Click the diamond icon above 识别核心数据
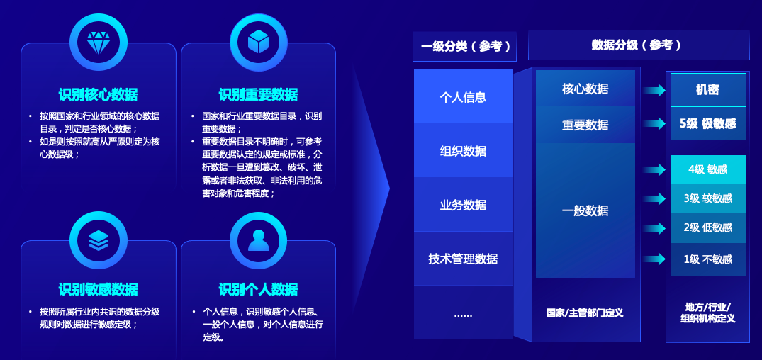tap(98, 43)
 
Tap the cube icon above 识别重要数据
tap(258, 43)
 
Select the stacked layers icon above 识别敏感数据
tap(98, 240)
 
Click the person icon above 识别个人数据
tap(258, 240)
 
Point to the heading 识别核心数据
tap(98, 94)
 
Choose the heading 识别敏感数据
tap(98, 289)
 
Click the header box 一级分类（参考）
tap(464, 47)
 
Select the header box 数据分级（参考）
tap(638, 45)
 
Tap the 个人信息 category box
tap(464, 97)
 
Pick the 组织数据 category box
tap(464, 151)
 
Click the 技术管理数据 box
tap(464, 259)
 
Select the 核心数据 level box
tap(585, 89)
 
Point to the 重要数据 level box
tap(585, 125)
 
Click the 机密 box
tap(707, 90)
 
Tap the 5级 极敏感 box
tap(707, 123)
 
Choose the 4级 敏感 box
tap(707, 169)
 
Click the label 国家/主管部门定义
tap(585, 313)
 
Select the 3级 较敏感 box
tap(707, 198)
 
